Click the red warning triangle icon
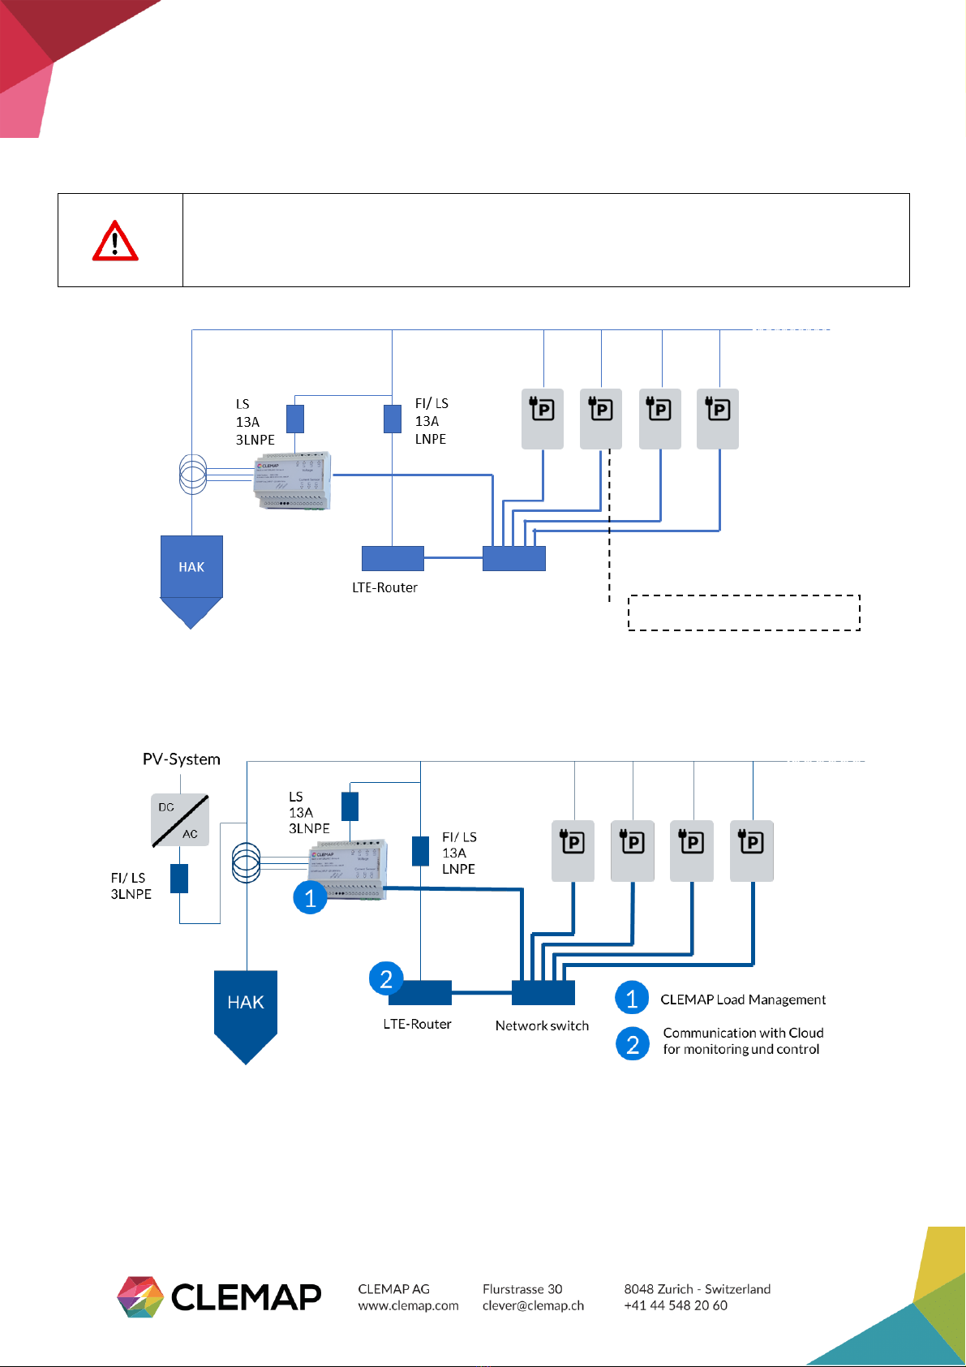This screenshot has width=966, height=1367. point(115,241)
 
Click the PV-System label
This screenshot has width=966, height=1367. point(182,759)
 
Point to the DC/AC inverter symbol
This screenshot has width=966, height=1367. point(179,820)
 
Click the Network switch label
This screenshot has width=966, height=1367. point(542,1025)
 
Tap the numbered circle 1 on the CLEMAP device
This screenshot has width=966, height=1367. point(310,898)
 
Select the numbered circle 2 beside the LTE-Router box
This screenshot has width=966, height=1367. point(386,978)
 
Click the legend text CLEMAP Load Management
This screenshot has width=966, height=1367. point(743,999)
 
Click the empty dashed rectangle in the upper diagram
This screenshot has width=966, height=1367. point(744,613)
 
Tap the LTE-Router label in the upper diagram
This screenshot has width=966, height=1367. point(384,587)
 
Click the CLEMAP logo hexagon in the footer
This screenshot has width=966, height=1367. point(140,1296)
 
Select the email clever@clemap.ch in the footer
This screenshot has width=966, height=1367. point(533,1305)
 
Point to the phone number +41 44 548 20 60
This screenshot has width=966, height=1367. point(676,1305)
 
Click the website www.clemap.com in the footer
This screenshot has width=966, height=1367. point(408,1305)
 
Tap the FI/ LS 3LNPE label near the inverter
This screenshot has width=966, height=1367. point(131,886)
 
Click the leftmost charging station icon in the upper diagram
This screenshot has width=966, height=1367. point(542,419)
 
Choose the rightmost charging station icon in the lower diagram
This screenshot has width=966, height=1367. point(752,850)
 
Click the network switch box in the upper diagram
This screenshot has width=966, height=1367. point(514,558)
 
